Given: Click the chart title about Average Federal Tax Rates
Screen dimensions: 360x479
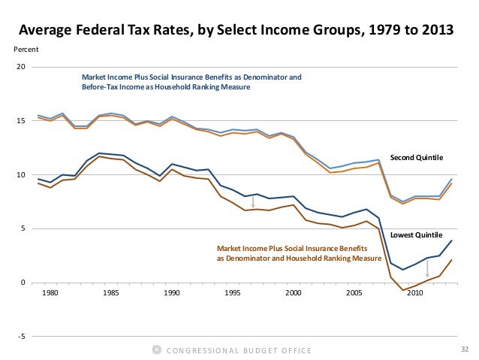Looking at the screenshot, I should [236, 31].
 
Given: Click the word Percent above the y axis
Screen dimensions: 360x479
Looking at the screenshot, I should [27, 50].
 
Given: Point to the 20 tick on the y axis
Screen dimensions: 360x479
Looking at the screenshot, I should [21, 67].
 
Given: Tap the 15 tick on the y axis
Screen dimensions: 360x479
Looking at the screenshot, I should [21, 121].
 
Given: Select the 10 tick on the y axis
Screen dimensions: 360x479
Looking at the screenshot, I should [21, 175].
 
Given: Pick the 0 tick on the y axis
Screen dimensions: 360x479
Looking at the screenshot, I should [23, 283].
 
